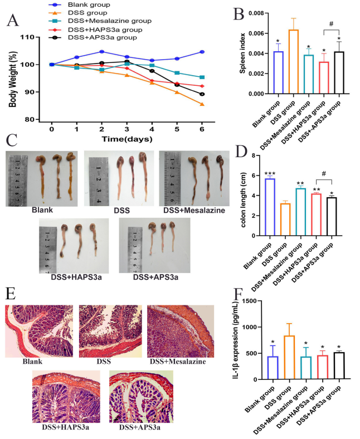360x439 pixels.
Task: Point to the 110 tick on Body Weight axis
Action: (x=36, y=37)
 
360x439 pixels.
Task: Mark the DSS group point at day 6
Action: (x=202, y=104)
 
